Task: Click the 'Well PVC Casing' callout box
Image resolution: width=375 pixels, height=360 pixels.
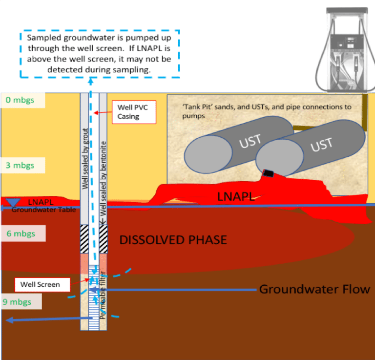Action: [133, 112]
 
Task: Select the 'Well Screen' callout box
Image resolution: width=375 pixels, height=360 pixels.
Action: [43, 284]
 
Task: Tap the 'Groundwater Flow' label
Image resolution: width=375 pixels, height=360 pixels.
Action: [314, 289]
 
